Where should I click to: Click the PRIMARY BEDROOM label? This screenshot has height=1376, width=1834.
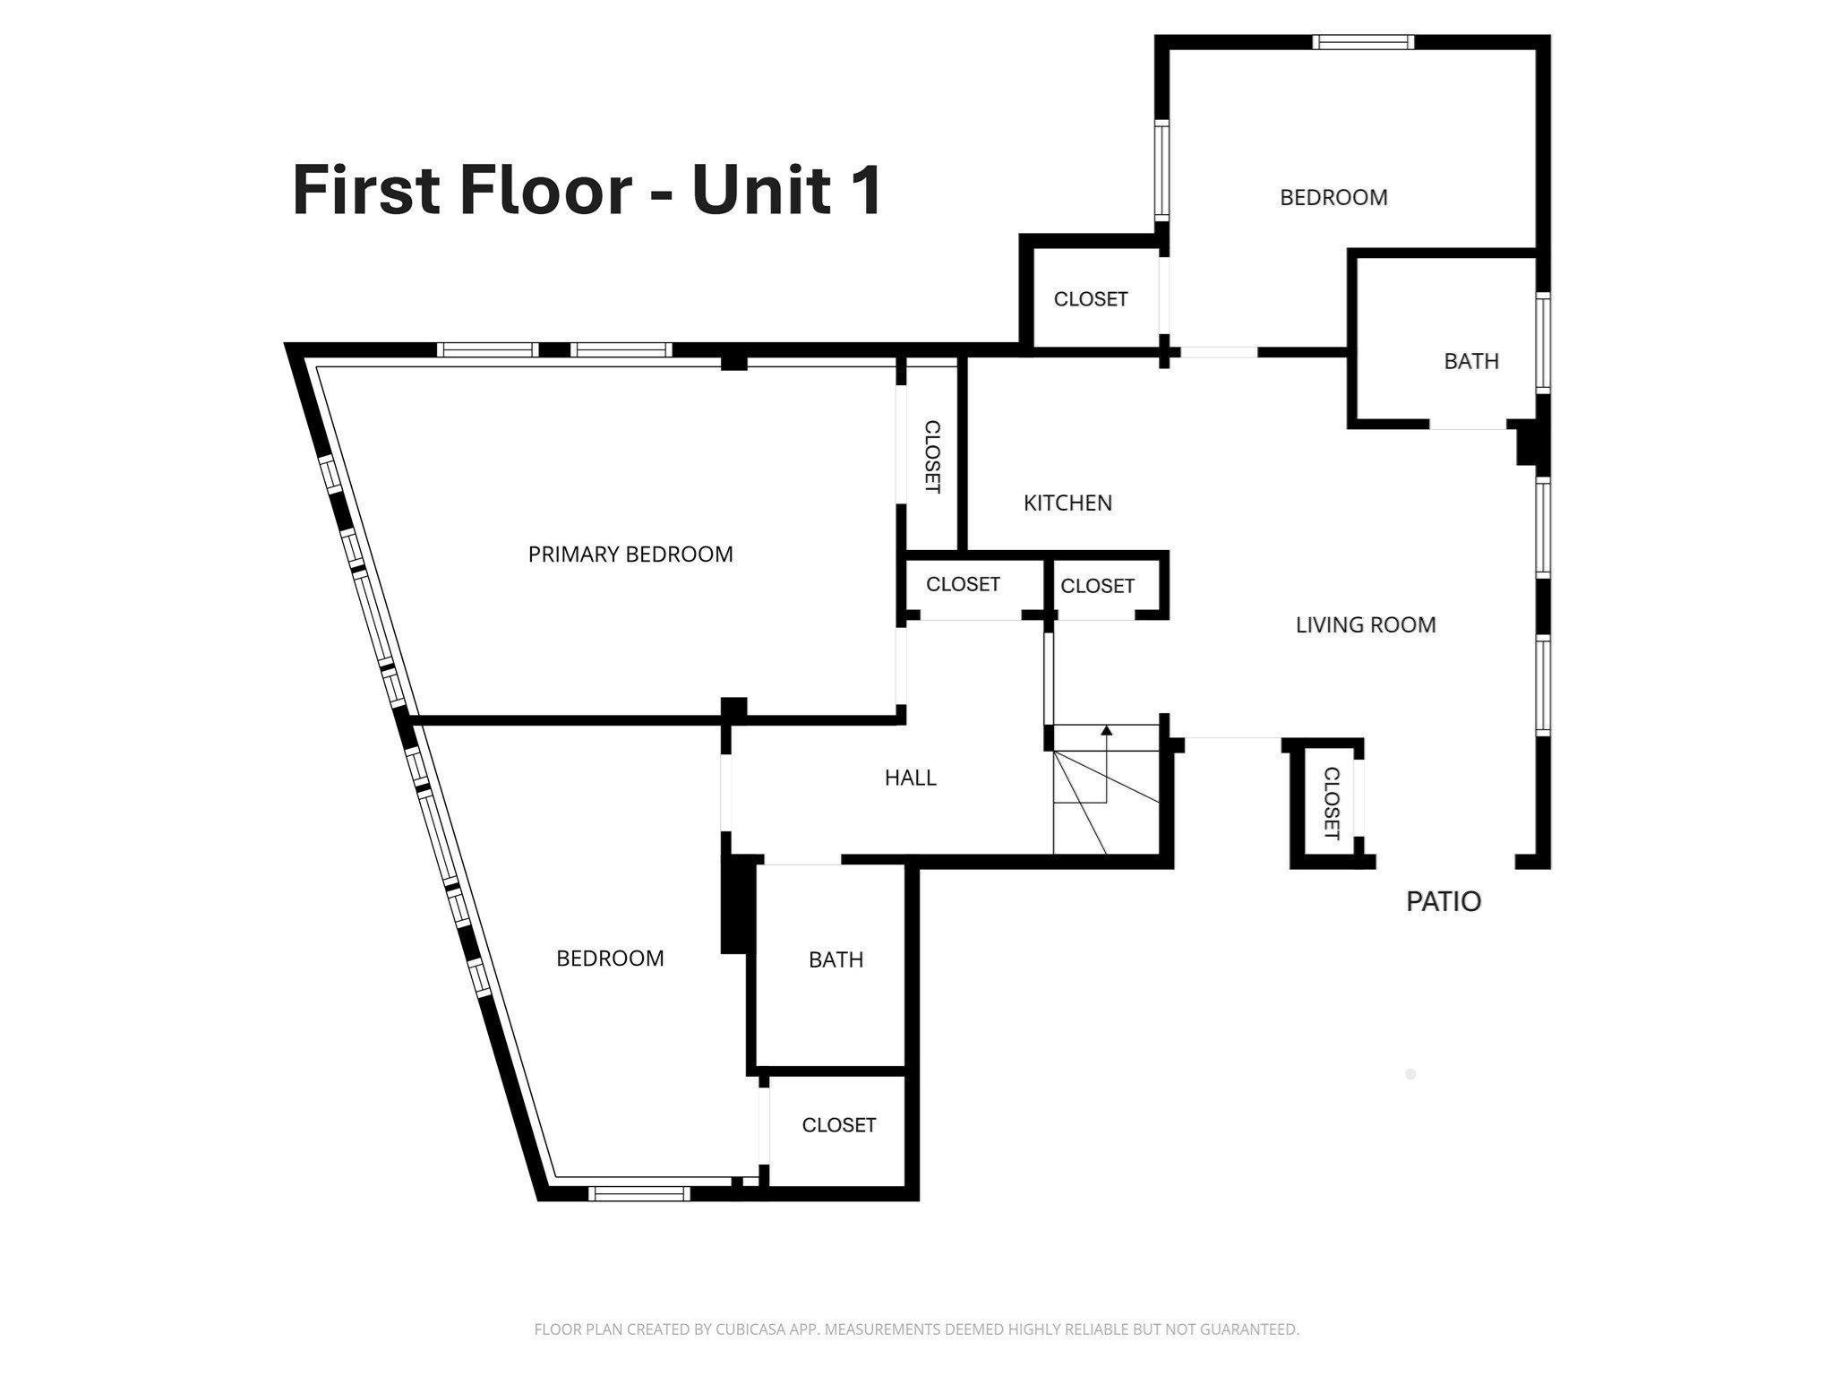tap(630, 555)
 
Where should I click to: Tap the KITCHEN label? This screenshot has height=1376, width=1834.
tap(1067, 503)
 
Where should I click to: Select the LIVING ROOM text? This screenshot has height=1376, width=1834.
tap(1365, 624)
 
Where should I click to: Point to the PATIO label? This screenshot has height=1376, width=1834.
tap(1443, 901)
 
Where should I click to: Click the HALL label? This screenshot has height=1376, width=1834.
tap(910, 778)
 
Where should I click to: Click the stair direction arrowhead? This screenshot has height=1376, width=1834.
tap(1106, 731)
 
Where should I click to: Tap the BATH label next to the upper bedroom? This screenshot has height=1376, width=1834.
tap(1470, 361)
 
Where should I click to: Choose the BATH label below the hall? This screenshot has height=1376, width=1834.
tap(836, 959)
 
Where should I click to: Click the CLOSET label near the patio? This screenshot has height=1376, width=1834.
tap(1331, 803)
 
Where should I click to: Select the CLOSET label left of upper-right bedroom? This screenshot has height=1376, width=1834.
tap(1090, 299)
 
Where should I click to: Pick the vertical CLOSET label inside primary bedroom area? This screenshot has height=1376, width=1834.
tap(931, 456)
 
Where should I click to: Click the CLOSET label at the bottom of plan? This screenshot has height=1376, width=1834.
tap(838, 1125)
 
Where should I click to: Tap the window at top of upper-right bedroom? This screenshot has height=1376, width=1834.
tap(1363, 41)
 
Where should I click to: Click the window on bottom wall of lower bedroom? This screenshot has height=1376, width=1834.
tap(638, 1192)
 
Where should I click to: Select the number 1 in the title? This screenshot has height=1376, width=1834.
tap(866, 190)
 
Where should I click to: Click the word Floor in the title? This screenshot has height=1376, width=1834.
tap(545, 190)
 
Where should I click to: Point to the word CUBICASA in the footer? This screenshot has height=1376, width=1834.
tap(750, 1329)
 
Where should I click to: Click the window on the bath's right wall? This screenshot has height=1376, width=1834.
tap(1543, 342)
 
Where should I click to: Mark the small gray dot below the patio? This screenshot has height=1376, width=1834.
tap(1410, 1074)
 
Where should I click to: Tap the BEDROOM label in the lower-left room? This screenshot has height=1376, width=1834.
tap(610, 959)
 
